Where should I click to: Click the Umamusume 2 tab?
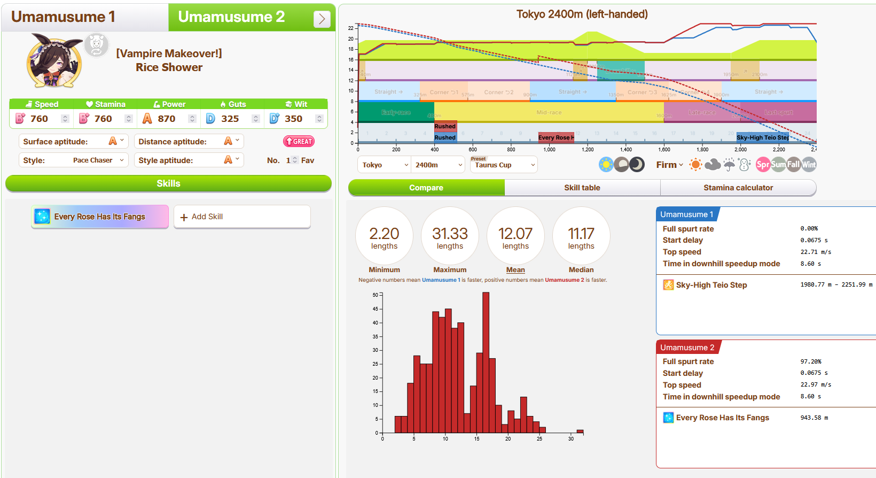[x=231, y=17]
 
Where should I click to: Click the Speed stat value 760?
[x=39, y=119]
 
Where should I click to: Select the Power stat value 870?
[x=166, y=119]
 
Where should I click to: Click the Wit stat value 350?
[x=293, y=119]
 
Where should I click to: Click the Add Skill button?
[x=242, y=217]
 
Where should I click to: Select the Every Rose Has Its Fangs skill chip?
[x=100, y=217]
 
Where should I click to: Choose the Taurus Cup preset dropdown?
[x=503, y=165]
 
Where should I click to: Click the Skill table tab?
[x=582, y=188]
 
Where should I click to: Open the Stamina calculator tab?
[x=738, y=188]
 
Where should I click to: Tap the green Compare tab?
[x=426, y=188]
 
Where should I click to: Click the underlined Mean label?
[x=515, y=270]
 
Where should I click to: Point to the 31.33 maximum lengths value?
[x=450, y=234]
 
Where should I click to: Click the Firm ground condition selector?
[x=669, y=165]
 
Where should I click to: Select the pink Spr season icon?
[x=763, y=165]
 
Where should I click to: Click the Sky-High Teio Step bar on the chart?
[x=762, y=137]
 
